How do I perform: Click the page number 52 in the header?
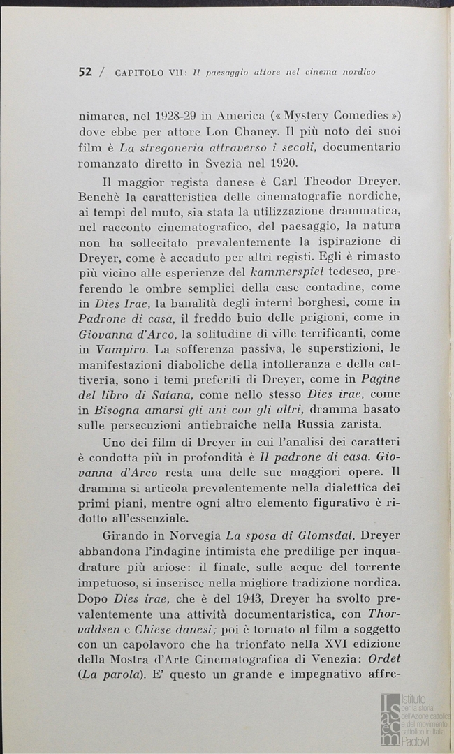point(85,71)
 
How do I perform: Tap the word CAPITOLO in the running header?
point(138,72)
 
